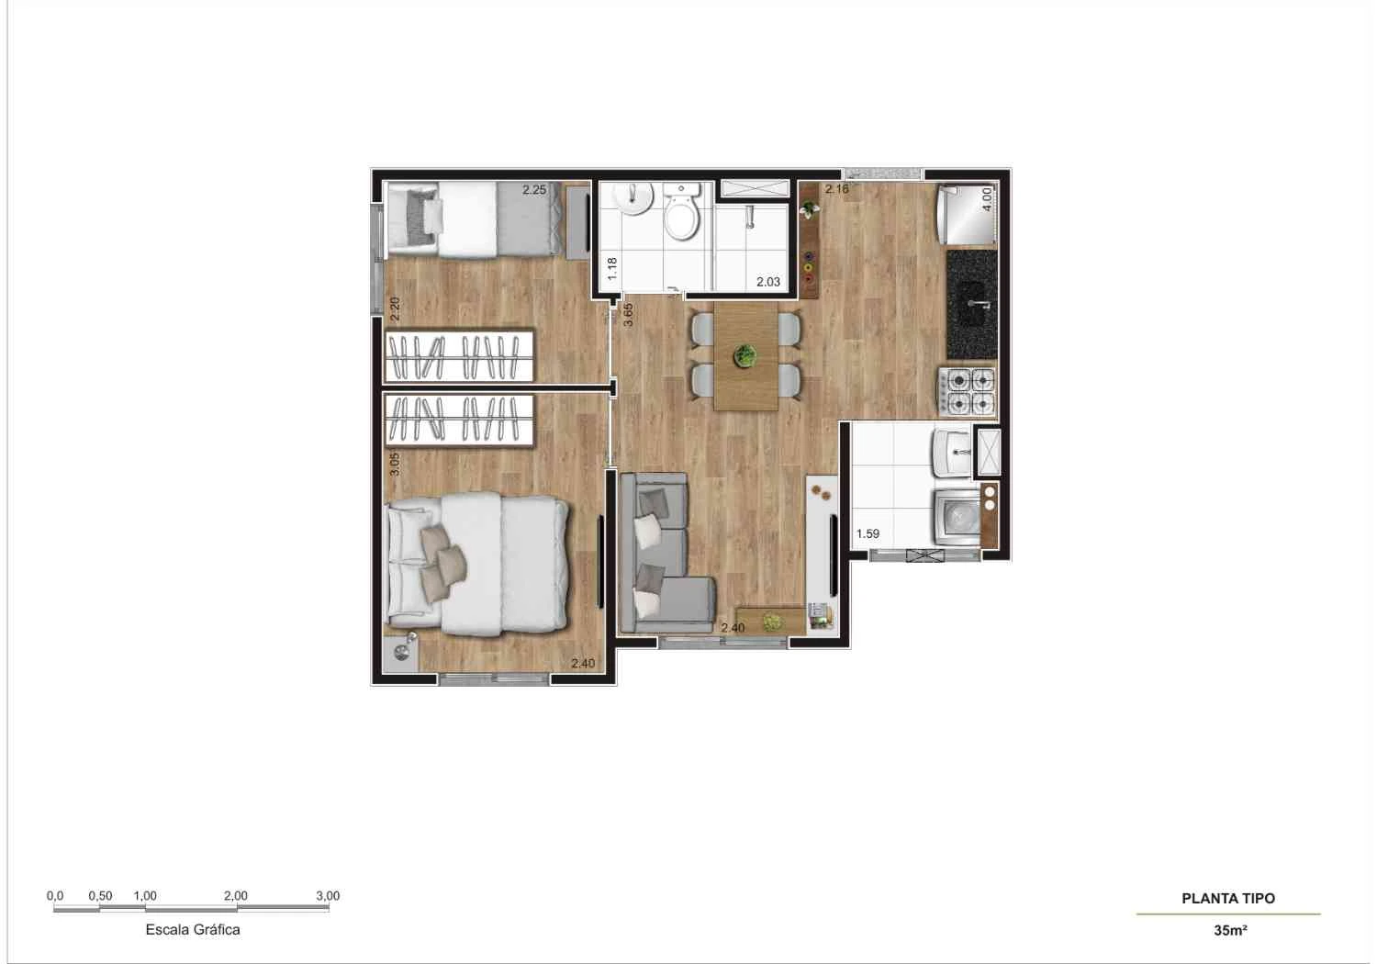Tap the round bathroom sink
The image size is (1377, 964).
pyautogui.click(x=633, y=197)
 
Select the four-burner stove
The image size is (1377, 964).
pyautogui.click(x=967, y=389)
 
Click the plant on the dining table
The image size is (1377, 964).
pyautogui.click(x=745, y=355)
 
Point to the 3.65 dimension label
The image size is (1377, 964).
pyautogui.click(x=628, y=314)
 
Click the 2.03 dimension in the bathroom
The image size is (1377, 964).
pyautogui.click(x=767, y=282)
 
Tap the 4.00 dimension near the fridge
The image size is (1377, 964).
pyautogui.click(x=987, y=199)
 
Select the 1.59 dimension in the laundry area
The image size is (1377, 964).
pyautogui.click(x=868, y=533)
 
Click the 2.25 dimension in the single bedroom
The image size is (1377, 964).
pyautogui.click(x=534, y=190)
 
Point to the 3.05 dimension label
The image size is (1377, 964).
pyautogui.click(x=395, y=464)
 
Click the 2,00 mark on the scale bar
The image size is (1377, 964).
pyautogui.click(x=235, y=896)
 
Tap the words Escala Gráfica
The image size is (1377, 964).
pyautogui.click(x=193, y=929)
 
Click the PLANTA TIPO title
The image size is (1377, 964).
pyautogui.click(x=1227, y=899)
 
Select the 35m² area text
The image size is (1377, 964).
pyautogui.click(x=1229, y=930)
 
